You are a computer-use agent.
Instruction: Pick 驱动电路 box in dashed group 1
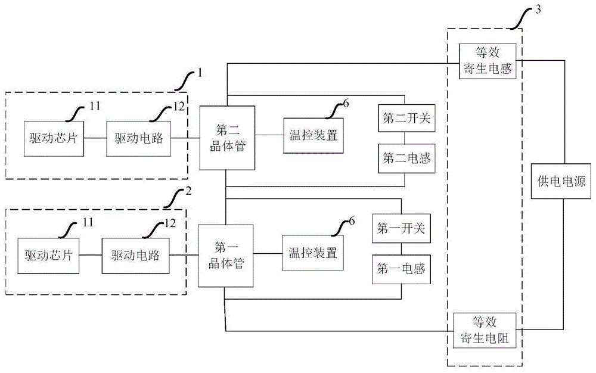point(136,138)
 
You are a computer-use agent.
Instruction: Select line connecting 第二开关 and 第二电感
point(405,139)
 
